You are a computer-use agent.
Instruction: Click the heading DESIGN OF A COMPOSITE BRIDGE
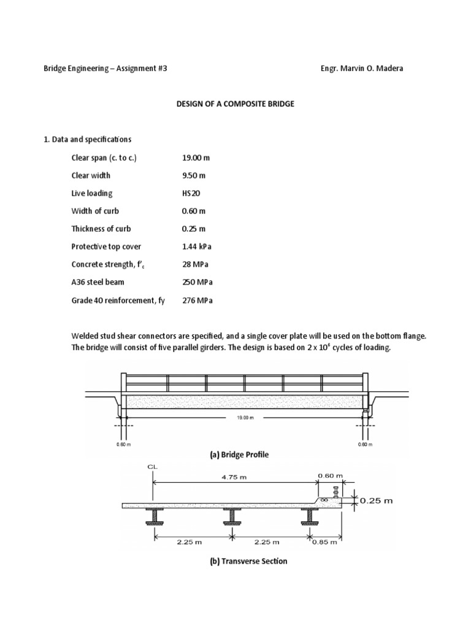235,104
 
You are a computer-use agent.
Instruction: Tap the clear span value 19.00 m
196,158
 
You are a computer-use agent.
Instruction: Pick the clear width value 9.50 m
194,175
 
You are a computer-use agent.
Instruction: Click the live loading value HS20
191,193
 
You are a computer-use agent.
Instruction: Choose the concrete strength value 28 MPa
196,264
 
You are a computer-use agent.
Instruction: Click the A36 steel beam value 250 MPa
197,282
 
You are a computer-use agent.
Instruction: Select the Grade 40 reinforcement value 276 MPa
197,301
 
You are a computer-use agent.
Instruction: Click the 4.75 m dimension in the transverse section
231,475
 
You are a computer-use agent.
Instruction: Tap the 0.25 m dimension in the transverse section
376,500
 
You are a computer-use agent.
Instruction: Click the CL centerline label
153,467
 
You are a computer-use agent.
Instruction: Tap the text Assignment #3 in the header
142,69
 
